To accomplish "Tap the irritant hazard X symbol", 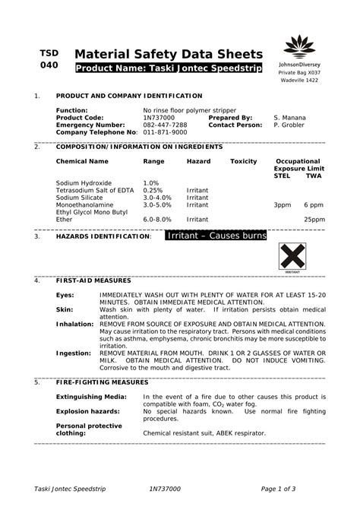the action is [292, 256].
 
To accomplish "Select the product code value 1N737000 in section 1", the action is [159, 118].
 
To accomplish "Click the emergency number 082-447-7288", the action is [165, 125].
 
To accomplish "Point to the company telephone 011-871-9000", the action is [165, 131].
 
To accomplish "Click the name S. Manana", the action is [289, 118].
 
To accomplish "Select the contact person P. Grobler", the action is [289, 125].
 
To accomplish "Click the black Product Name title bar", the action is [169, 69].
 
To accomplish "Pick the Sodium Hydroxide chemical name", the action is [84, 183].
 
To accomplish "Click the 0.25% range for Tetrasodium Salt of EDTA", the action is [153, 190].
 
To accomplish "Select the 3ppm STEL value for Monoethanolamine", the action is [283, 204].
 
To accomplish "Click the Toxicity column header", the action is [244, 161].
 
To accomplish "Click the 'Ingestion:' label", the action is [73, 353].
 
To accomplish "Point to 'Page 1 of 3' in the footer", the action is [278, 486].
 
